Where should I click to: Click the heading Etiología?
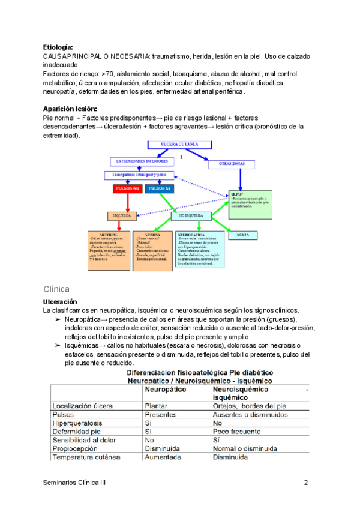tap(58, 47)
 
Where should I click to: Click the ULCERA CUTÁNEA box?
tap(179, 145)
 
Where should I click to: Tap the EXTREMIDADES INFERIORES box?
tap(142, 161)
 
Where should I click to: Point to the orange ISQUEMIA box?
tap(122, 215)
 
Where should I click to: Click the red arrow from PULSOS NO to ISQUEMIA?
tap(128, 202)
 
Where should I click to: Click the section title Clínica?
tap(57, 289)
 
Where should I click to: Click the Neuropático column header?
tap(166, 390)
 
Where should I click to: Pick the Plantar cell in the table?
tap(155, 406)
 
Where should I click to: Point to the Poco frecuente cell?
tap(236, 431)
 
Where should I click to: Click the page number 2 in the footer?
tap(306, 483)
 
